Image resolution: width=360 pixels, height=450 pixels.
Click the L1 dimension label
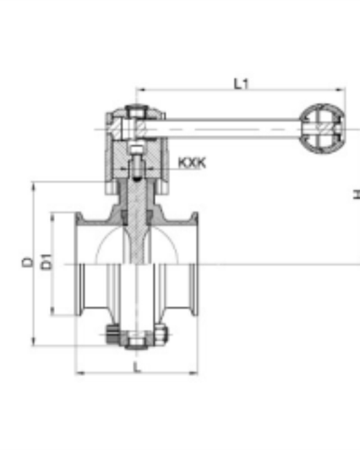click(241, 84)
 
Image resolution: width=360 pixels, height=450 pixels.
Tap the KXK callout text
click(192, 161)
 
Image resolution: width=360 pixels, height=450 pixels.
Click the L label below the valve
click(137, 365)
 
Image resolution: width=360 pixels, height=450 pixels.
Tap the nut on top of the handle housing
click(136, 111)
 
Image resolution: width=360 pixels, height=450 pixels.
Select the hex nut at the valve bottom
click(136, 343)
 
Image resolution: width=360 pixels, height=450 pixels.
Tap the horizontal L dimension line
click(137, 372)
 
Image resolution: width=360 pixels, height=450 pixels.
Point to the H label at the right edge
click(356, 195)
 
